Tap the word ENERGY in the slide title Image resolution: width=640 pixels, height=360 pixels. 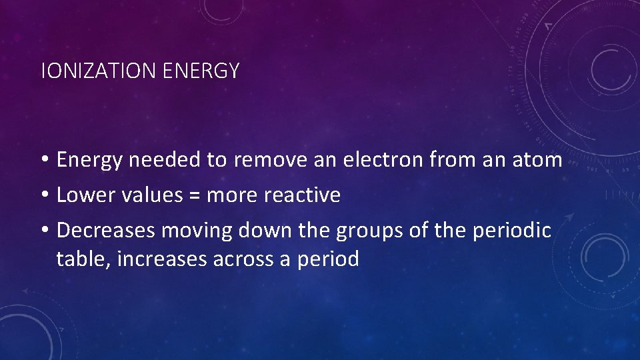point(200,71)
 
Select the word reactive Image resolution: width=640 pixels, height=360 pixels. point(302,195)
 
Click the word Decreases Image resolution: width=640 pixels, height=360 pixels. point(106,231)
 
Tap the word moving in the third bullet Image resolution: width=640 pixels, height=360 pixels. point(196,231)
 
